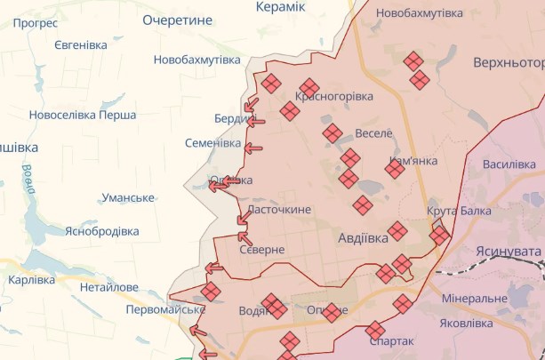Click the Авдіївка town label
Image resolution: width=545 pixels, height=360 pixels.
pyautogui.click(x=364, y=238)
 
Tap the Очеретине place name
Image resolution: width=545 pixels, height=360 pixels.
pyautogui.click(x=178, y=19)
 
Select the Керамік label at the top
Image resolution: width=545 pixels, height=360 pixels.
pyautogui.click(x=280, y=7)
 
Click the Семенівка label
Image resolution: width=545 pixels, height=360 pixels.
pyautogui.click(x=212, y=143)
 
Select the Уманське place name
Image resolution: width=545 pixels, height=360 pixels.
pyautogui.click(x=128, y=197)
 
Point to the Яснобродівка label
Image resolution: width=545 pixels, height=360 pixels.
pyautogui.click(x=101, y=231)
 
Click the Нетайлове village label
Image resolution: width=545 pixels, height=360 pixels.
pyautogui.click(x=109, y=287)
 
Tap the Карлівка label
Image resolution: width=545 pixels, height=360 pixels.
pyautogui.click(x=31, y=280)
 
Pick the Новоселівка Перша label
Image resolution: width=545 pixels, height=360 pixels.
pyautogui.click(x=82, y=115)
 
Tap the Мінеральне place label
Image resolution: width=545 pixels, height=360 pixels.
pyautogui.click(x=474, y=298)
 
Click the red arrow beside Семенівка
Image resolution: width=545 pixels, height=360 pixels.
pyautogui.click(x=253, y=148)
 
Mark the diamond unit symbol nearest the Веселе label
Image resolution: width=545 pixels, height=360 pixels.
pyautogui.click(x=333, y=133)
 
